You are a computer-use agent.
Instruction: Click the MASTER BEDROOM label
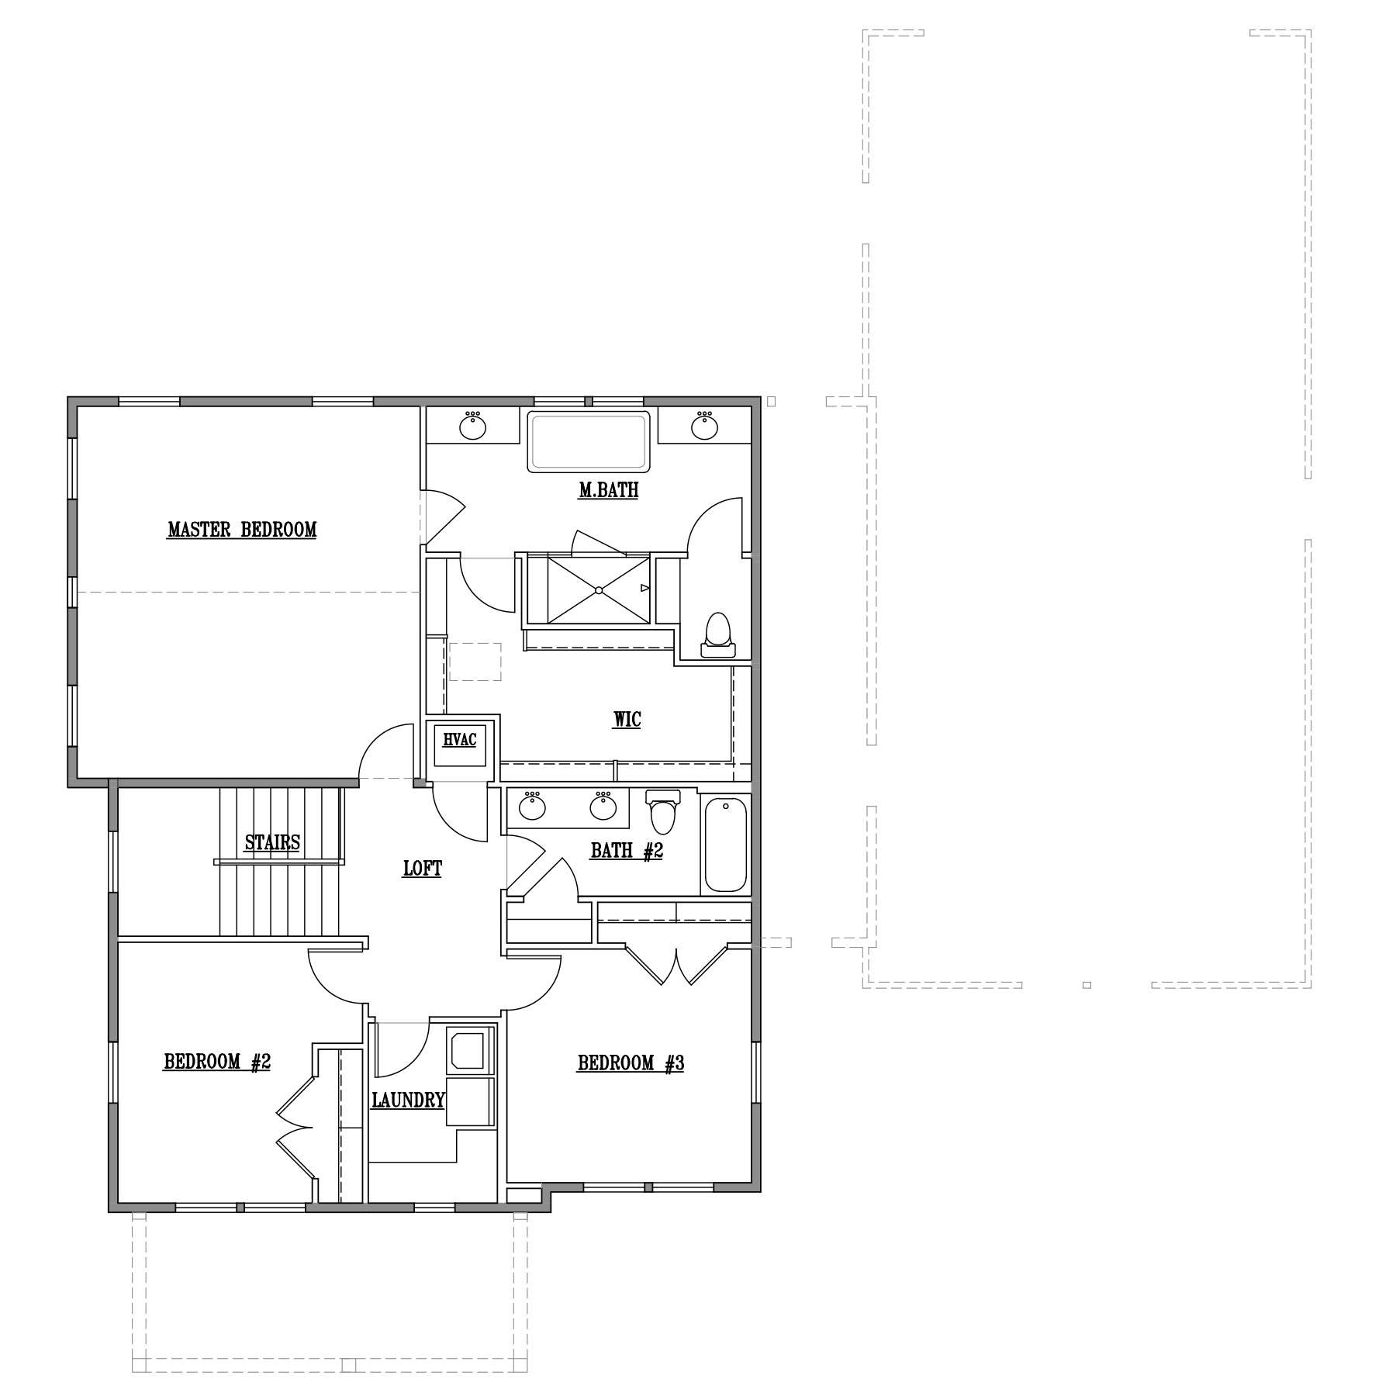tap(242, 530)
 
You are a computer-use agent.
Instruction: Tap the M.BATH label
tap(609, 490)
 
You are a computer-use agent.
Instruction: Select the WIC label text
tap(627, 720)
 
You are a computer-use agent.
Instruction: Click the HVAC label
tap(459, 740)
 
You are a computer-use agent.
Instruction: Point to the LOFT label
tap(423, 869)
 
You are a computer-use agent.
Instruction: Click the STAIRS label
tap(272, 842)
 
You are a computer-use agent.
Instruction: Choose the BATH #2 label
tap(627, 851)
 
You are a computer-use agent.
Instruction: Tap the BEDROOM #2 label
tap(217, 1062)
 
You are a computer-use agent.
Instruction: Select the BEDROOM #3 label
tap(631, 1063)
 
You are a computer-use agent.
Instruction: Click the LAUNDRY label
tap(408, 1101)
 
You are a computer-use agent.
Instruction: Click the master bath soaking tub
tap(589, 441)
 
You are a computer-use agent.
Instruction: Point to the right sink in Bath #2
tap(603, 807)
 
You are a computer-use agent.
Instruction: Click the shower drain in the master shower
tap(599, 590)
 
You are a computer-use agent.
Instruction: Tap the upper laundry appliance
tap(470, 1049)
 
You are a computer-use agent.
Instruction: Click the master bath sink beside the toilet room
tap(704, 426)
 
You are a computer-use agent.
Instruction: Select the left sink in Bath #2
tap(532, 807)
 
